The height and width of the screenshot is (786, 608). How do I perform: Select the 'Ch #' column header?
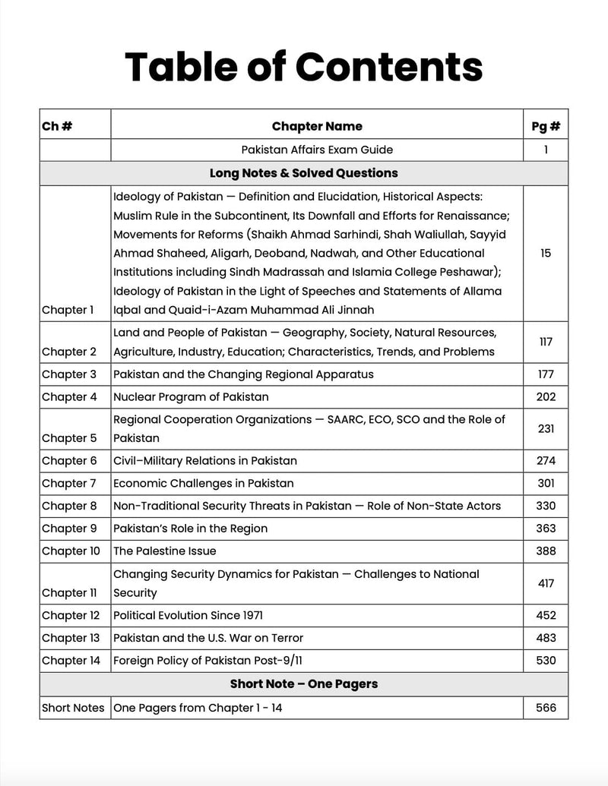[57, 126]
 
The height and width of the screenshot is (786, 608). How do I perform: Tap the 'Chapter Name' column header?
[317, 126]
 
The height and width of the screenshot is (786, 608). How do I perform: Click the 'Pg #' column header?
[546, 126]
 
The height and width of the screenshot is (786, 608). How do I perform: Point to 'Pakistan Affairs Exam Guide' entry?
[317, 150]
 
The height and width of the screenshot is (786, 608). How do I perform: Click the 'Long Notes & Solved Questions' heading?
[303, 173]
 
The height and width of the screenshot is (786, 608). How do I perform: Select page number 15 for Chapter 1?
[546, 253]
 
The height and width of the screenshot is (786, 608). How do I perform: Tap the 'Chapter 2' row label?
[69, 352]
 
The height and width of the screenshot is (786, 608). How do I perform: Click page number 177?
[546, 374]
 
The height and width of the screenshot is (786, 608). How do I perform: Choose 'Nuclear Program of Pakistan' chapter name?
[191, 396]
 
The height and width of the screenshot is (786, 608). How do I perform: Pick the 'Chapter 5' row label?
[69, 438]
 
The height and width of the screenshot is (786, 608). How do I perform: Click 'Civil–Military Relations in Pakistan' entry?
[205, 460]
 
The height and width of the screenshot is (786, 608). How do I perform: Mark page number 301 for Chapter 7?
[546, 483]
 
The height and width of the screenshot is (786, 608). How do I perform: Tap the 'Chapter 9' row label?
[69, 529]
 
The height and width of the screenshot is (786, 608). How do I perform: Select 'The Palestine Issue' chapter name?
[165, 551]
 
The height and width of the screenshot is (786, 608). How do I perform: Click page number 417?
[546, 583]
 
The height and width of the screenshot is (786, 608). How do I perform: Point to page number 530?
[546, 661]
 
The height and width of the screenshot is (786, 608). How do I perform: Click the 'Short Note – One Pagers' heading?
[303, 684]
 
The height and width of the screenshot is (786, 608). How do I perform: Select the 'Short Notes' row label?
[73, 708]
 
